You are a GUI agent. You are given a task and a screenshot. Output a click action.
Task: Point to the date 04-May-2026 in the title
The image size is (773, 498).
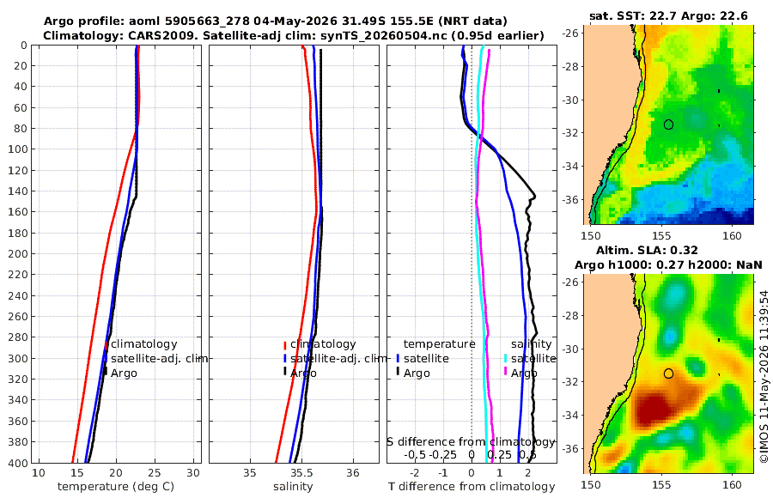(x=295, y=21)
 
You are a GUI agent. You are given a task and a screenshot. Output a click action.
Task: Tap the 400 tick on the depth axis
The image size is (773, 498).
(x=18, y=463)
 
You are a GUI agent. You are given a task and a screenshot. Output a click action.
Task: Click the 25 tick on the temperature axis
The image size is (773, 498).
(x=155, y=473)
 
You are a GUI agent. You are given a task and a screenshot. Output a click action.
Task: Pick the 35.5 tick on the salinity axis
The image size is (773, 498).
(x=301, y=473)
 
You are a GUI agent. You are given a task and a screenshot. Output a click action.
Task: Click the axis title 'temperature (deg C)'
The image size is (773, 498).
(x=116, y=487)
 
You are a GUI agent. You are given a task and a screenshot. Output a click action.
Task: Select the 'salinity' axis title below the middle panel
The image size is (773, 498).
(x=293, y=487)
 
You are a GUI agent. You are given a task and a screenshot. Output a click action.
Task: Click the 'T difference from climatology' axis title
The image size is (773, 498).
(x=472, y=487)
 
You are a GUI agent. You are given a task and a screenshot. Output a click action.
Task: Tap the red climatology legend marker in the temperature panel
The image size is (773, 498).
(x=106, y=345)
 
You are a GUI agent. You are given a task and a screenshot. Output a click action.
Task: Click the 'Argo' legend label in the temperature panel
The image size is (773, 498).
(x=124, y=373)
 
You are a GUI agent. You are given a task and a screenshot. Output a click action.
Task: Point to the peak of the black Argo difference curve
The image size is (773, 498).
(x=535, y=197)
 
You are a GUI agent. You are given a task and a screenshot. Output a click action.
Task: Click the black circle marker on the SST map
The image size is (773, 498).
(x=668, y=125)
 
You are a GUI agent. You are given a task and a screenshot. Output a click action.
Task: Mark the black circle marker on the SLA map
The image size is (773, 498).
(x=668, y=373)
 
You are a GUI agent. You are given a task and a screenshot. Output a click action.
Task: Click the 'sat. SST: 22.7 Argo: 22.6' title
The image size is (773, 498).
(x=668, y=15)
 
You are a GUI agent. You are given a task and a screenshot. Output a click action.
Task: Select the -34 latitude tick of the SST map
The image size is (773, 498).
(x=571, y=167)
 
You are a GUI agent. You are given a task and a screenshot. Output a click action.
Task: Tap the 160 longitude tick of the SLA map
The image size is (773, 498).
(x=732, y=485)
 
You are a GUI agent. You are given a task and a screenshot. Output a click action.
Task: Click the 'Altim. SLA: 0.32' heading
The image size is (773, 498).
(x=647, y=251)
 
